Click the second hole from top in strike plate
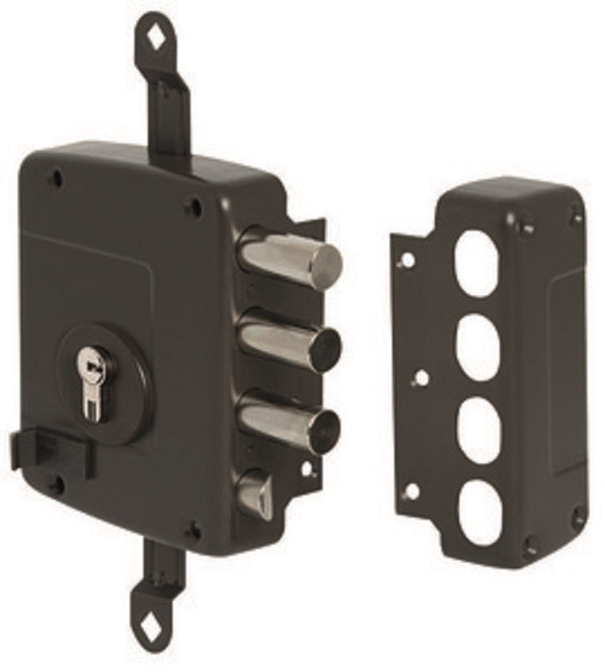477,340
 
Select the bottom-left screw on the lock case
56,485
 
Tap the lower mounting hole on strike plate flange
410,491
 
